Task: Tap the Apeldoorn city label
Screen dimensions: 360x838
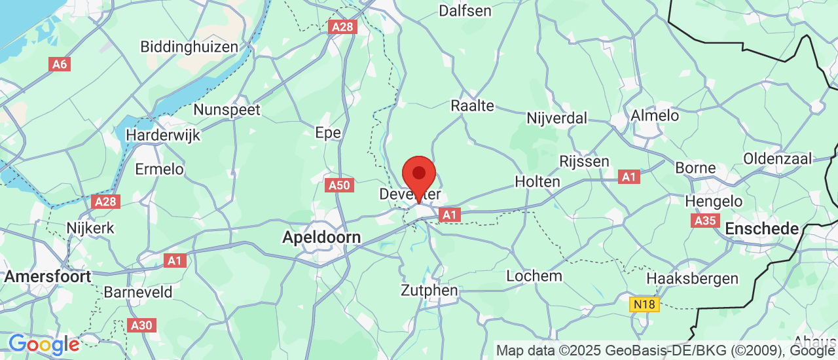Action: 321,237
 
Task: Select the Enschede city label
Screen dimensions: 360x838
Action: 761,229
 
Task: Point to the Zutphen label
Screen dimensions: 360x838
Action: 429,290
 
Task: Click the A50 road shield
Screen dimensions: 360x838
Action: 339,185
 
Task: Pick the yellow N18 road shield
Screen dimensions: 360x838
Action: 644,304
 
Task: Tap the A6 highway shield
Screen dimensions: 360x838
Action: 59,64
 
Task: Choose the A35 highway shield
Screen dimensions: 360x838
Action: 705,221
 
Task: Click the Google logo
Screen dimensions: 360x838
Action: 43,344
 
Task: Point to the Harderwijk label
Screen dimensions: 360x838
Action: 162,135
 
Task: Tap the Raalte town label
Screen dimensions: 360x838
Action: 472,105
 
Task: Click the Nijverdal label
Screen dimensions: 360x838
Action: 557,118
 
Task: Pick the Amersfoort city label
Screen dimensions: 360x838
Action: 47,276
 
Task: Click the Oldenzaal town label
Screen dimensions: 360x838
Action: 777,158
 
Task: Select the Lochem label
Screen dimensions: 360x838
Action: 534,276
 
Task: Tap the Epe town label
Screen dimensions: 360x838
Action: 328,133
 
